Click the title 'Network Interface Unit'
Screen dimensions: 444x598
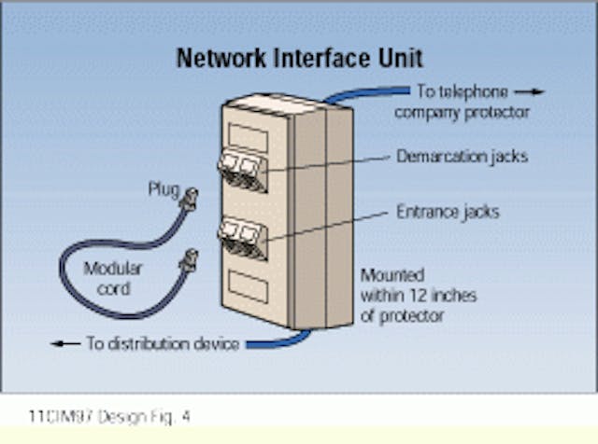299,58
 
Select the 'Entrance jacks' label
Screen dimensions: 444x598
447,212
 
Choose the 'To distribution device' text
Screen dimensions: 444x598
163,343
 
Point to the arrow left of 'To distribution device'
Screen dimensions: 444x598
64,343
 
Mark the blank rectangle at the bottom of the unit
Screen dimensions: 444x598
249,287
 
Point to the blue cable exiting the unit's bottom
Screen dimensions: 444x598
280,340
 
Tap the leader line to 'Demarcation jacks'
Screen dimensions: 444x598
327,164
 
